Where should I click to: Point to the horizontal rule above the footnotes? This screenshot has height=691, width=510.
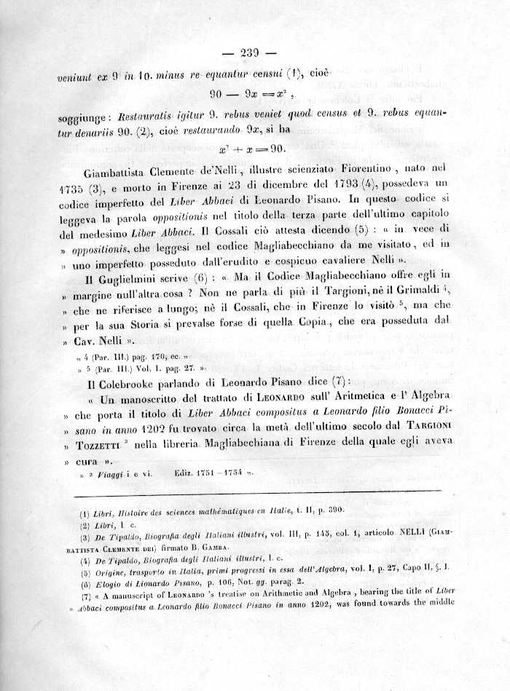click(254, 492)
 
